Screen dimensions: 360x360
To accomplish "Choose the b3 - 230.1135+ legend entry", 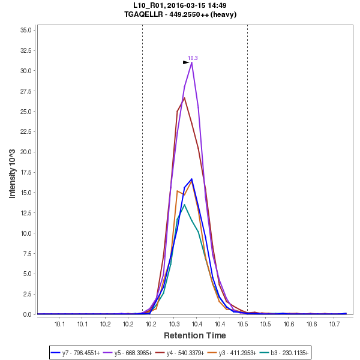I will point(283,352).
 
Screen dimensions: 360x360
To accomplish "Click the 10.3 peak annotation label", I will point(193,58).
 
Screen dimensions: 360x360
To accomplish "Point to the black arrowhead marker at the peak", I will point(186,62).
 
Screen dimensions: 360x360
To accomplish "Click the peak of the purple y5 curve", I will point(191,62).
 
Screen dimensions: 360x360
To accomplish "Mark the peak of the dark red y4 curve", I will point(184,98).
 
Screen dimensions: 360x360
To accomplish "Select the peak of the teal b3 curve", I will point(184,205).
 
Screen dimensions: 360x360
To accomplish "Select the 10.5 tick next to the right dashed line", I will point(242,324).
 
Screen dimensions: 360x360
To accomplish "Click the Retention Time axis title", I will point(195,335).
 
